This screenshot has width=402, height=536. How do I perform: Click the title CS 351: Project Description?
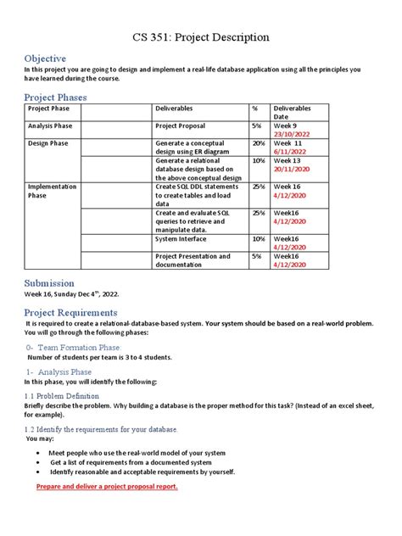201,37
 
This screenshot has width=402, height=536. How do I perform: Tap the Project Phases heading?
55,98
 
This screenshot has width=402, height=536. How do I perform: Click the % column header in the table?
254,109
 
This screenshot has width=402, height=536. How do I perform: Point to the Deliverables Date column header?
292,114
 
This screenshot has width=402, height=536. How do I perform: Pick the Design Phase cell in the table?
49,144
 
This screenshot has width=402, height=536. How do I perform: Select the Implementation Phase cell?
52,191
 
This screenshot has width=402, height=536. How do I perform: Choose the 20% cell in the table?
258,144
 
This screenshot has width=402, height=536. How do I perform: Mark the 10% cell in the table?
258,160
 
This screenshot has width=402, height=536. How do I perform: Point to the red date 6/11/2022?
291,152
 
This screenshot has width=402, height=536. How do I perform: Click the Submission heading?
49,282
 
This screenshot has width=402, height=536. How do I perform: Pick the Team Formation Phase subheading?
79,348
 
